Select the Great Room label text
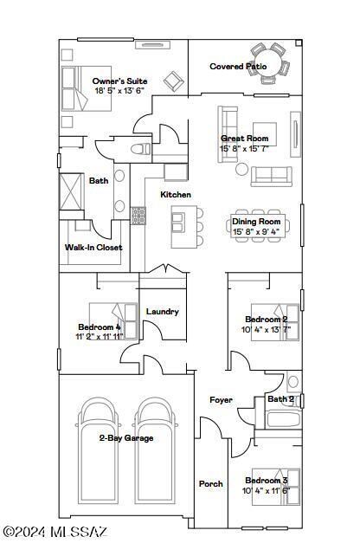click(x=244, y=139)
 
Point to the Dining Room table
click(x=257, y=227)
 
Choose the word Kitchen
click(x=176, y=195)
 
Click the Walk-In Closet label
click(x=93, y=248)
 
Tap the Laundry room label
click(x=163, y=312)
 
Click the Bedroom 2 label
click(x=267, y=320)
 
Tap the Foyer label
click(x=221, y=399)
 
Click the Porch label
click(x=211, y=484)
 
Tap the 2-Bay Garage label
click(x=125, y=438)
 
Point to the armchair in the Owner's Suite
click(x=174, y=81)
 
